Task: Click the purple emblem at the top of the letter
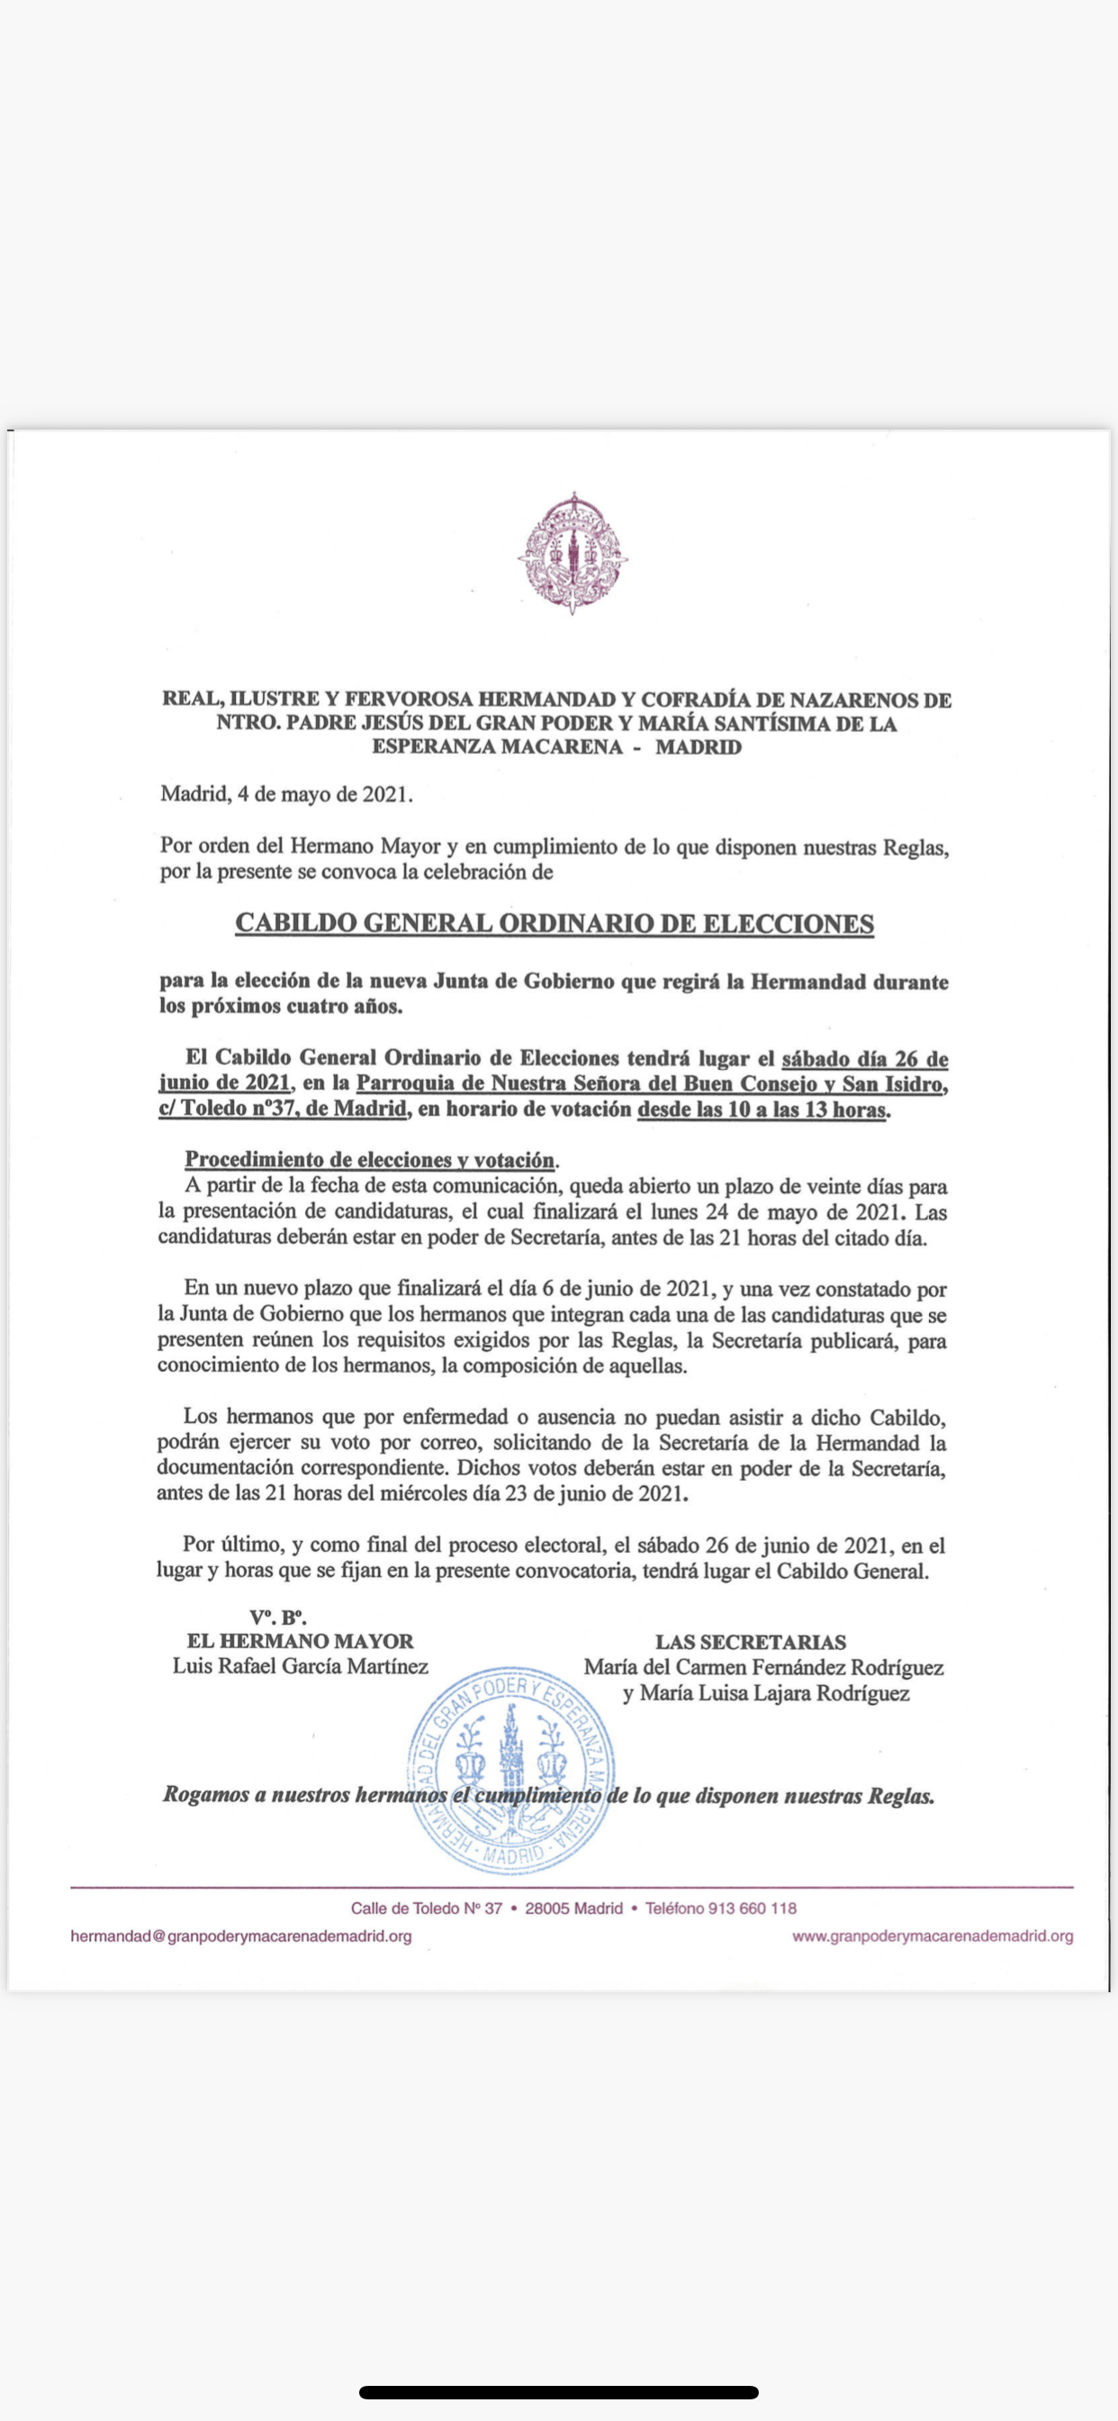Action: (573, 553)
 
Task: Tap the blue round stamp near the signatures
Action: (512, 1771)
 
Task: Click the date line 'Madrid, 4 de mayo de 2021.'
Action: (286, 794)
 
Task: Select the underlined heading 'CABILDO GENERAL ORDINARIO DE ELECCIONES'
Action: (554, 923)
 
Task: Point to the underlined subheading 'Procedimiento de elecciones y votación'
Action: (370, 1159)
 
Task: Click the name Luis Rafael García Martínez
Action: (301, 1666)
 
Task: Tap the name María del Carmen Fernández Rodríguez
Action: (764, 1667)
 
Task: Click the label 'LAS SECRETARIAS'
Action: (751, 1642)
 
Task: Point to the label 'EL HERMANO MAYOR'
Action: (301, 1641)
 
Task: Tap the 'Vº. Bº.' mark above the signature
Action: (278, 1617)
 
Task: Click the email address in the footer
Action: (241, 1936)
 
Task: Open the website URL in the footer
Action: (932, 1936)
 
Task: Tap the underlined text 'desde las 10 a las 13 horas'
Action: (762, 1109)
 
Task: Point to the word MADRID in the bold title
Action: (698, 748)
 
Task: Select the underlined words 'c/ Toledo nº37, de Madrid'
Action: (283, 1109)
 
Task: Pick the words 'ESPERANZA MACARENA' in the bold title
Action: (497, 748)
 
